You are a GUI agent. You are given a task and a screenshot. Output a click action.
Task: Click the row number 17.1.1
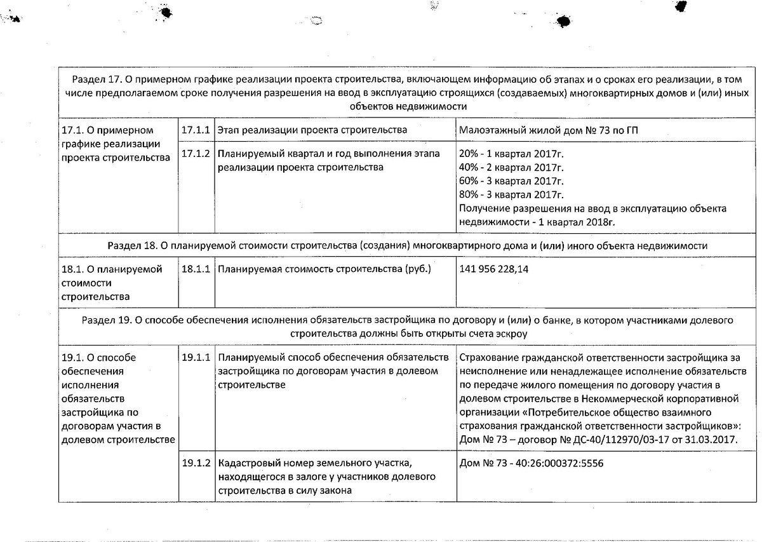coord(195,130)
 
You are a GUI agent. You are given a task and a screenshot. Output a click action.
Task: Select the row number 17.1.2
coord(195,154)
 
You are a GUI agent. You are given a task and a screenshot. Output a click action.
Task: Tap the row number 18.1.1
coord(195,269)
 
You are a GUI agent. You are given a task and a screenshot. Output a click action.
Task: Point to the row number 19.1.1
coord(195,358)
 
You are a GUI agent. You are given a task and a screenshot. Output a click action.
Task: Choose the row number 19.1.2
coord(195,464)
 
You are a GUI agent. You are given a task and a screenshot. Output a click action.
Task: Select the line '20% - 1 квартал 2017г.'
coord(511,154)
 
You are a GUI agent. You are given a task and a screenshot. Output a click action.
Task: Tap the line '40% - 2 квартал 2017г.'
coord(511,168)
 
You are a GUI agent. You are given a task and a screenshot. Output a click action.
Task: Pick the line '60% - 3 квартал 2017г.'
coord(511,181)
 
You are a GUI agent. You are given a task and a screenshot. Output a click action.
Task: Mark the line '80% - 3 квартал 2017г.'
coord(511,194)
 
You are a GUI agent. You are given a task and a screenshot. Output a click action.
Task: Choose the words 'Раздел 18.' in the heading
coord(130,245)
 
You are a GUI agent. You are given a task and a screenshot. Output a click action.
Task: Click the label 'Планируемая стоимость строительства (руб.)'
coord(324,269)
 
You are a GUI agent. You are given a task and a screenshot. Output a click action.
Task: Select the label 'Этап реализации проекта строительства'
coord(312,130)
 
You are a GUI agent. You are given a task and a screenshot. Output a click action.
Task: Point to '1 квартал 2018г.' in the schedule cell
coord(576,222)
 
